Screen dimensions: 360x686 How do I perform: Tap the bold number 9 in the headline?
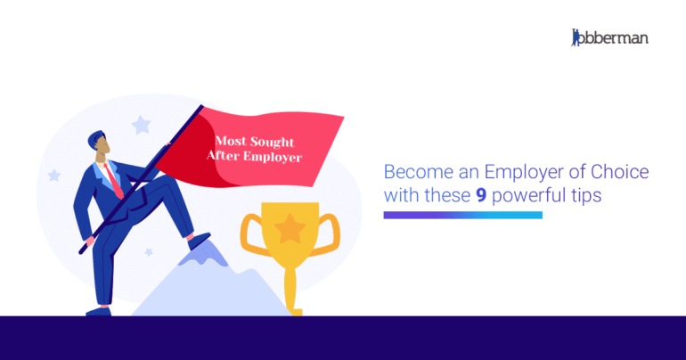tap(480, 196)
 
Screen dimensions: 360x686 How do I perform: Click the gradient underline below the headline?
tap(462, 215)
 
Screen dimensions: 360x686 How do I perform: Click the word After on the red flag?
tap(225, 156)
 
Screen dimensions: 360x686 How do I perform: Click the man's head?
tap(100, 145)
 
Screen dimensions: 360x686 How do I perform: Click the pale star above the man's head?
tap(141, 125)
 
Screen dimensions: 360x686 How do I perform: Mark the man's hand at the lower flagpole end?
tap(86, 238)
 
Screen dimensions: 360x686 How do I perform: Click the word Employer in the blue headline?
tap(496, 172)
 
